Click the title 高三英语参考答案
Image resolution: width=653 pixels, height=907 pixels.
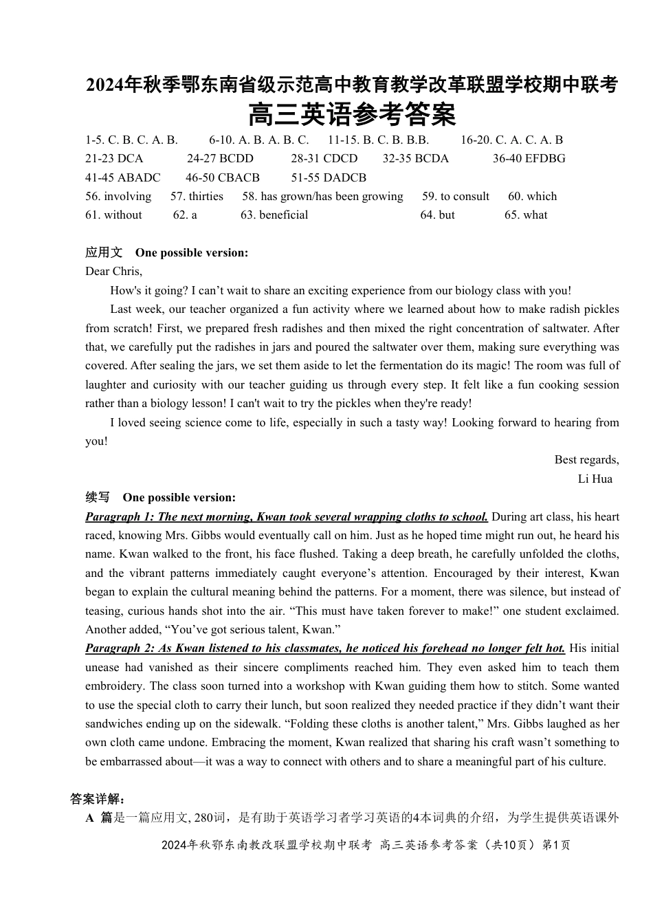tap(351, 115)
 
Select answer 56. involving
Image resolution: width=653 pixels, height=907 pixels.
tap(118, 197)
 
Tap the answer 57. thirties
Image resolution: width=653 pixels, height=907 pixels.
tap(197, 197)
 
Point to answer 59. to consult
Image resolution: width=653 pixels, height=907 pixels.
tap(456, 197)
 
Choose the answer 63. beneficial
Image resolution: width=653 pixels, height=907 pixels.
tap(274, 215)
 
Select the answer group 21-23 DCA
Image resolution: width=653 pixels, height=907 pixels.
tap(114, 159)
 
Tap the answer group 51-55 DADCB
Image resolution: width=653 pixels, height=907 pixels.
tap(329, 177)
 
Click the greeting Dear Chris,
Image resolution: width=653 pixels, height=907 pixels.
tap(113, 272)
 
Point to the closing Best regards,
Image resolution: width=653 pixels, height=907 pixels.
tap(586, 460)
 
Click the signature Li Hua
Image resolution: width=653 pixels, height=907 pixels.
tap(595, 479)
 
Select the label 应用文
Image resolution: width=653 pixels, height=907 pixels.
tap(104, 252)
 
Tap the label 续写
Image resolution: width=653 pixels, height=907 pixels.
tap(98, 497)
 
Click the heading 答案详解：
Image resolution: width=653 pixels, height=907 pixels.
tap(97, 799)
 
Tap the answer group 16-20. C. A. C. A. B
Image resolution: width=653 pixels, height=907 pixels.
tap(511, 140)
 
